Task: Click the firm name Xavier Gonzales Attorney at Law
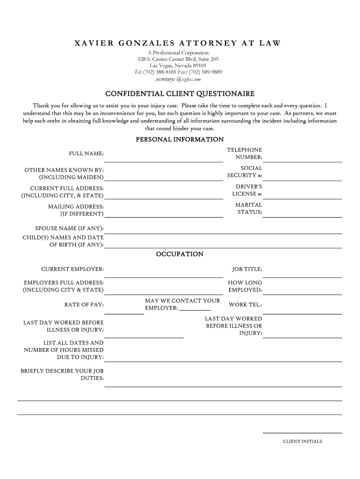click(178, 44)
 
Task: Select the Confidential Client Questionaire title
click(180, 94)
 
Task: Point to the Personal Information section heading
click(180, 139)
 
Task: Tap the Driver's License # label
click(247, 190)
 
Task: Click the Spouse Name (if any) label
click(69, 229)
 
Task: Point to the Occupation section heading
click(180, 254)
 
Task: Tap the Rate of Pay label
click(84, 305)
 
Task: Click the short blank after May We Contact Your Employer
click(194, 309)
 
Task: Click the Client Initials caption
click(302, 441)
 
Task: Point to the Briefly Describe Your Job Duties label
click(62, 375)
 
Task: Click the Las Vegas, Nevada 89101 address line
click(178, 66)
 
